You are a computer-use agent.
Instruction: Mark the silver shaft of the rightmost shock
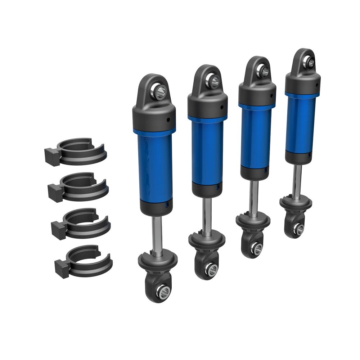click(x=297, y=180)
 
